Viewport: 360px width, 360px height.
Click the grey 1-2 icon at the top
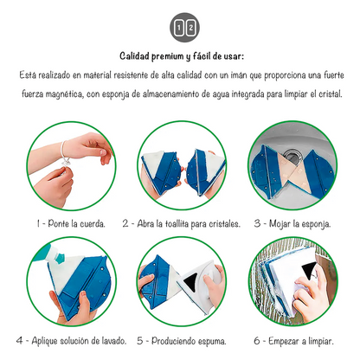tap(184, 28)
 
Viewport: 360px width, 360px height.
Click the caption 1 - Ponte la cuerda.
tap(71, 223)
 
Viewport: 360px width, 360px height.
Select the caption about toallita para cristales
tap(181, 223)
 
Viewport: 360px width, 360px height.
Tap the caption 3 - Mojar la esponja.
tap(292, 224)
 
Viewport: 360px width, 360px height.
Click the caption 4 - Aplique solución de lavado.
tap(72, 341)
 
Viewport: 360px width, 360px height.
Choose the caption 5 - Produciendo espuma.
tap(182, 341)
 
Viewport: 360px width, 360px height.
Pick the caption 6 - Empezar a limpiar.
tap(293, 341)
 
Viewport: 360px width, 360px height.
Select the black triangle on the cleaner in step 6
tap(309, 269)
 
